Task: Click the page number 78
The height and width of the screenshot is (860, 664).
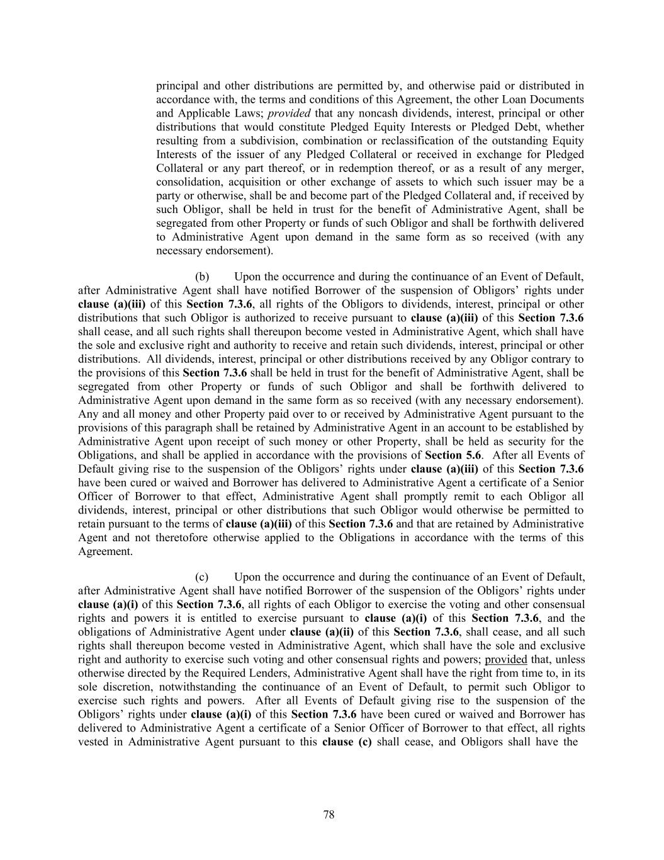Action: pyautogui.click(x=329, y=815)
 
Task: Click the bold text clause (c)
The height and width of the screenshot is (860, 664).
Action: pyautogui.click(x=346, y=742)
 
